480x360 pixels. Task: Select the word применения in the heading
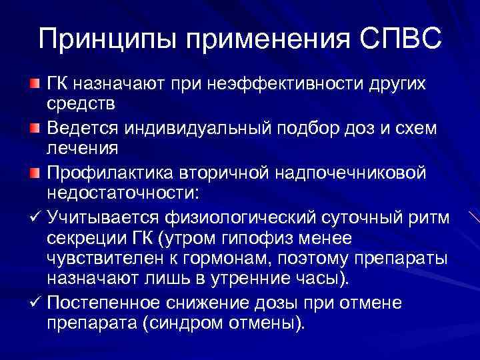264,40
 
